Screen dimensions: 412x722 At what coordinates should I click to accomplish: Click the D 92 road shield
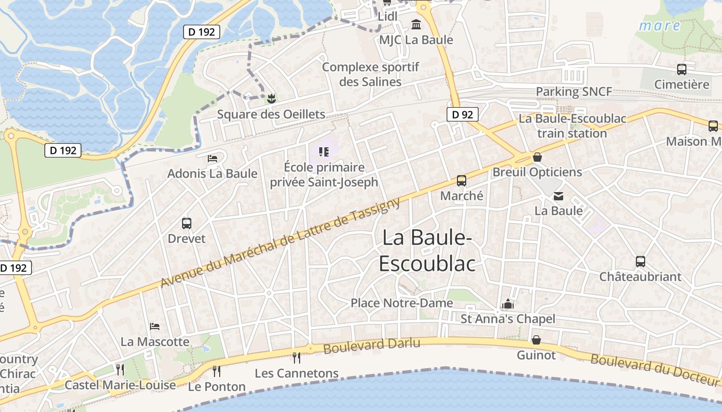pos(462,114)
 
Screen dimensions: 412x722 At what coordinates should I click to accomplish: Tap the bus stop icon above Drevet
pos(187,224)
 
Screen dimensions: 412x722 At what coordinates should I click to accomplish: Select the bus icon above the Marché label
pos(462,181)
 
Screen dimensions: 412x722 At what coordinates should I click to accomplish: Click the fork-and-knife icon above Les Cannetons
pos(296,357)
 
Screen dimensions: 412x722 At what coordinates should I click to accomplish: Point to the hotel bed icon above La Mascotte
pos(154,326)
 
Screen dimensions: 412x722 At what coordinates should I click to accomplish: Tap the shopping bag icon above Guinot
pos(536,340)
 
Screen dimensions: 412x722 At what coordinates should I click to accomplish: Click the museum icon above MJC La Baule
pos(416,24)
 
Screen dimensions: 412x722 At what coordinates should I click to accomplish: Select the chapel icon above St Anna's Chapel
pos(508,304)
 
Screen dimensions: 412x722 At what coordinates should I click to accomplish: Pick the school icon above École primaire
pos(324,151)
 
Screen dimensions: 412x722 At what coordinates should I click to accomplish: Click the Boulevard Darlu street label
pos(371,345)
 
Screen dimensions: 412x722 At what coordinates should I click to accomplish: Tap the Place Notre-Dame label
pos(402,303)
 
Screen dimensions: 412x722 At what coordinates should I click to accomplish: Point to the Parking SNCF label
pos(574,92)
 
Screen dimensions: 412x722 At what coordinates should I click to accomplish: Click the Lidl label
pos(388,16)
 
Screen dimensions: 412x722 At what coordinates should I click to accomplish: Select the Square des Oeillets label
pos(271,114)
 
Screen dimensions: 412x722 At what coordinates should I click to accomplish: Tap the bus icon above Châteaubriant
pos(640,261)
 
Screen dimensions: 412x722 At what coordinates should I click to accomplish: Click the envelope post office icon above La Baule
pos(559,196)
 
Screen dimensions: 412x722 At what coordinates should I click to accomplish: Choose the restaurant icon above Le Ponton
pos(217,370)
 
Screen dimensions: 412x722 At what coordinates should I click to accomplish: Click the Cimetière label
pos(682,84)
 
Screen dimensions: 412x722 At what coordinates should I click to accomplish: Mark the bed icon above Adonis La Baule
pos(212,158)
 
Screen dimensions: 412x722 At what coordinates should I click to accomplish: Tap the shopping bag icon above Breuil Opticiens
pos(537,157)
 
